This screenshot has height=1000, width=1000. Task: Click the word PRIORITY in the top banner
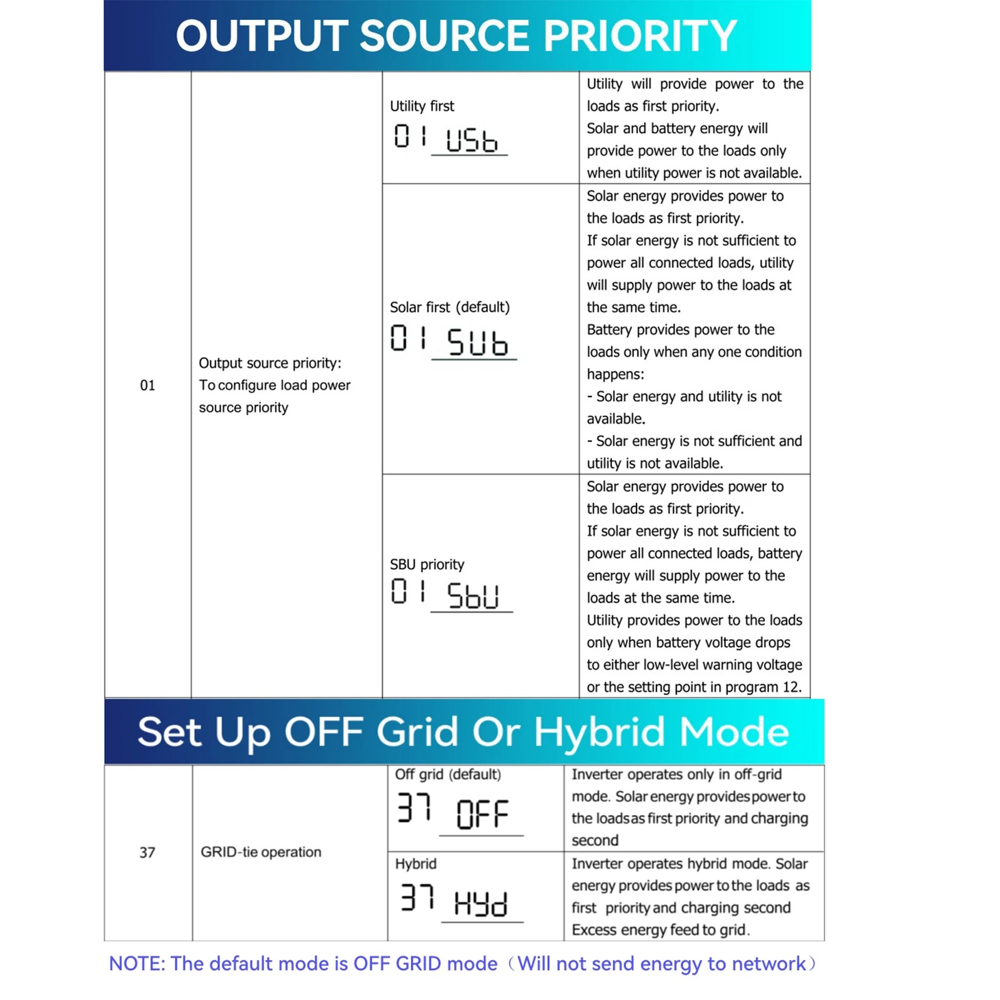(x=640, y=36)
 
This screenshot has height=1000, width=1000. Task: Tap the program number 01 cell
(x=147, y=385)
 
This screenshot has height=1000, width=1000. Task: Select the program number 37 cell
(x=147, y=853)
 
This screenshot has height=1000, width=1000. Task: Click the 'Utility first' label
(x=422, y=106)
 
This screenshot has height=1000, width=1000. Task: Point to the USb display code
(x=472, y=139)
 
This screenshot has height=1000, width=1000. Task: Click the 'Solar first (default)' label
(x=450, y=307)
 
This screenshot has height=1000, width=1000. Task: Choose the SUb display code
(x=477, y=342)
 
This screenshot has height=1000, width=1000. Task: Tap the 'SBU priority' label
(x=427, y=565)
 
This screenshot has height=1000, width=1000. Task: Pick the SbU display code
(x=473, y=595)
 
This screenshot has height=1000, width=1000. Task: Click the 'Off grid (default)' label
(x=448, y=775)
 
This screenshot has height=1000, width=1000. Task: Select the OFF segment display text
(x=482, y=814)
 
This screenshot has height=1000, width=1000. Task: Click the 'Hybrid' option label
(x=415, y=864)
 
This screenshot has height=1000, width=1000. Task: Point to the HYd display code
(x=480, y=903)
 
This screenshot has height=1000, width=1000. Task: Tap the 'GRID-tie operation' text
(x=261, y=852)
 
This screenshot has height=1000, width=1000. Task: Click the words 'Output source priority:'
(x=270, y=364)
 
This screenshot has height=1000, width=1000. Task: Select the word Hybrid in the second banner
(x=600, y=732)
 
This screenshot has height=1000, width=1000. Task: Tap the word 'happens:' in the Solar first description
(x=615, y=374)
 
